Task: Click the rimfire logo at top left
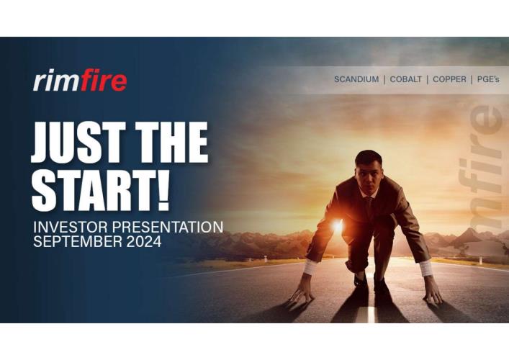tap(80, 80)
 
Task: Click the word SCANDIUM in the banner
tap(356, 79)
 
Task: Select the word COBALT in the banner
tap(406, 79)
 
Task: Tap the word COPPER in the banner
tap(449, 79)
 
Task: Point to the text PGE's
tap(488, 79)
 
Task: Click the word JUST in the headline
tap(78, 143)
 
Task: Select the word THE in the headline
tap(171, 143)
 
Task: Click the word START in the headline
tap(92, 190)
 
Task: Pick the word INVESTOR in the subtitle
tap(71, 227)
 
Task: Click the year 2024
tap(144, 241)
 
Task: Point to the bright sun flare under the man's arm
tap(337, 225)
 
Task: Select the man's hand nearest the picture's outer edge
tap(433, 291)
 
